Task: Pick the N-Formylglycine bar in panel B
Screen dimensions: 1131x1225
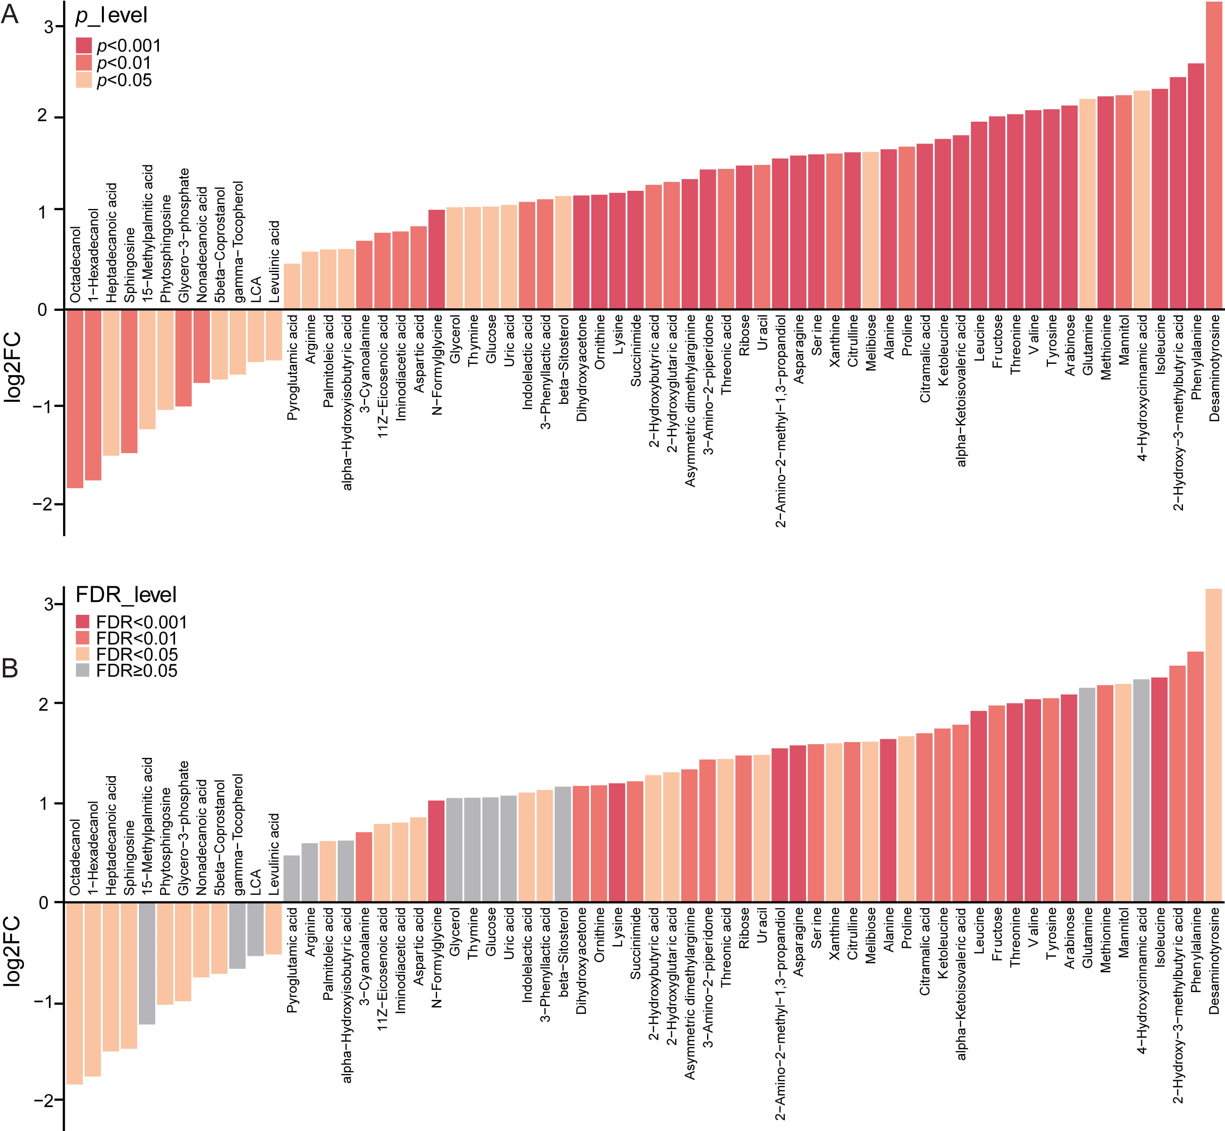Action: click(x=437, y=851)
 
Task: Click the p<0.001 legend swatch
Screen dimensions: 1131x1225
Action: click(x=84, y=45)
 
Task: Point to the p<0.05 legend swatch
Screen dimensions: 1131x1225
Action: click(x=84, y=80)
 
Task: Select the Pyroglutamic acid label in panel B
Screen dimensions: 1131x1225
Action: click(x=292, y=960)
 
